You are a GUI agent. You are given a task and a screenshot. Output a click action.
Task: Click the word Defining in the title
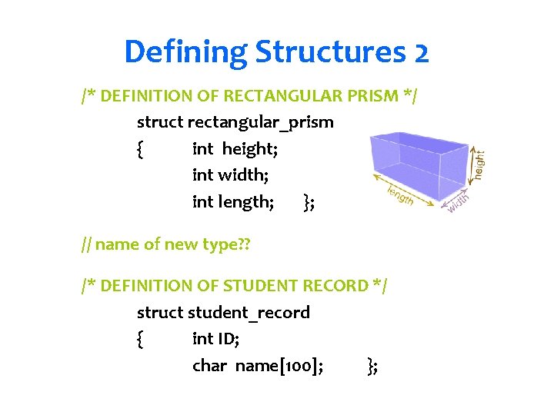click(185, 52)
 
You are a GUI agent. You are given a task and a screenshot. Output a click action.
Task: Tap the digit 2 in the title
click(420, 52)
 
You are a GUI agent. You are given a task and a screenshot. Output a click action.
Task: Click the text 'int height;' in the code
click(235, 148)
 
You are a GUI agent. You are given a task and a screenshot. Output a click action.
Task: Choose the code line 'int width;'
click(230, 175)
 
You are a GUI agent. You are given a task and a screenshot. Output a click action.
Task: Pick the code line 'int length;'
click(232, 202)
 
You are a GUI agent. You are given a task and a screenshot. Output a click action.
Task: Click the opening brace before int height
click(138, 149)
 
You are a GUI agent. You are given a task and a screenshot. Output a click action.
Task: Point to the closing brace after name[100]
click(372, 367)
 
